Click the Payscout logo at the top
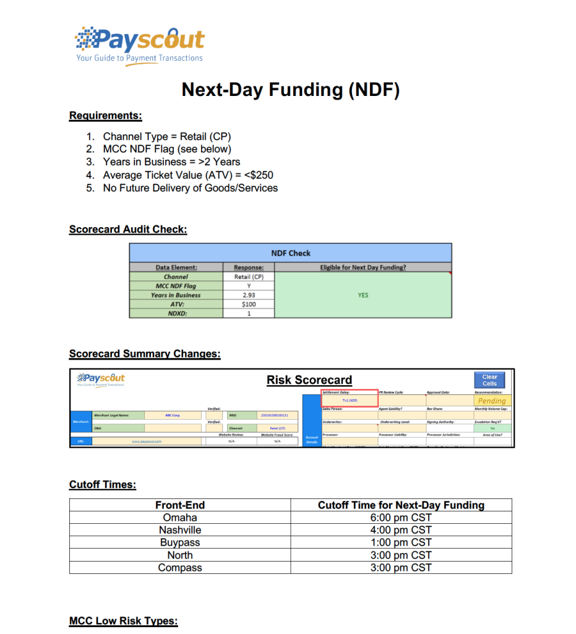pos(139,44)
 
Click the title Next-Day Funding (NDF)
pos(291,90)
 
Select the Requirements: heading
pos(105,116)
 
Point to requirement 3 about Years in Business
pos(171,162)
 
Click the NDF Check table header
pos(291,253)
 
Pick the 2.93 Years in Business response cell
pos(249,295)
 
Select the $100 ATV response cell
pos(249,305)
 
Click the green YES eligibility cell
pos(363,295)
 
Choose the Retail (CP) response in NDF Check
pos(249,277)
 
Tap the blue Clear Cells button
pos(489,380)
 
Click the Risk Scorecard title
pos(309,380)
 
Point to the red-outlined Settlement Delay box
pos(350,398)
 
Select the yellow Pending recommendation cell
pos(491,401)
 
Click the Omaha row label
pos(180,518)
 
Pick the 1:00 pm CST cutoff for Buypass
pos(401,542)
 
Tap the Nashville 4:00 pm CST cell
pos(401,530)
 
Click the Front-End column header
pos(180,505)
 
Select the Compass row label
pos(180,568)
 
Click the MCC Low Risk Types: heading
pos(123,621)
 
